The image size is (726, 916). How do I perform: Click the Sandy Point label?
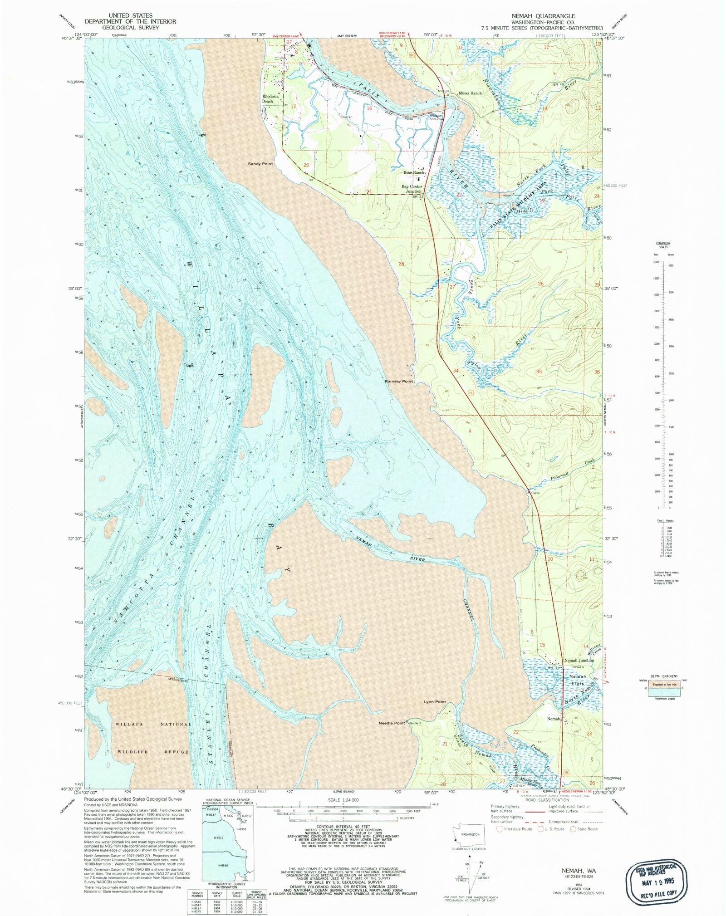(x=260, y=163)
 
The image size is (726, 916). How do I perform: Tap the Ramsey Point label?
(x=399, y=381)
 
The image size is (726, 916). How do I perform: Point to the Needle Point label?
(x=392, y=723)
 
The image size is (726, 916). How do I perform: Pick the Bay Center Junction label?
(x=412, y=189)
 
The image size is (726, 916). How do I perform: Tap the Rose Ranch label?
(x=414, y=172)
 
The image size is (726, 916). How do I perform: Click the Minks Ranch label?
(x=470, y=93)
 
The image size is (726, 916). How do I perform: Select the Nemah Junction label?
(x=579, y=660)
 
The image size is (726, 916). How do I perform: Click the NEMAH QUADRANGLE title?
(x=543, y=16)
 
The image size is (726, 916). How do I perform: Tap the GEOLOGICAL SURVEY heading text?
(x=130, y=27)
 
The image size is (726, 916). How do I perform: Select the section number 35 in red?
(x=539, y=371)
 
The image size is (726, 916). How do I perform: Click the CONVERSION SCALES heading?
(x=663, y=245)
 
